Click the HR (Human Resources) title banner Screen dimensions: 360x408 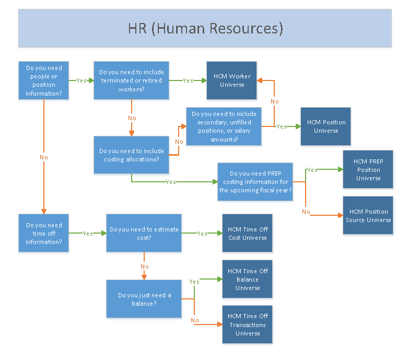[205, 28]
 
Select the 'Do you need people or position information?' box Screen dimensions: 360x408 [44, 80]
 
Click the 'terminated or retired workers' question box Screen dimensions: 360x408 [131, 80]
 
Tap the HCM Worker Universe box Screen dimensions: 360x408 [231, 80]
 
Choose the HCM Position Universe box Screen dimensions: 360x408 [325, 126]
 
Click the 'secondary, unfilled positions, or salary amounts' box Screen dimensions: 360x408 [224, 126]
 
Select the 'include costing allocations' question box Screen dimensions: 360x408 [131, 155]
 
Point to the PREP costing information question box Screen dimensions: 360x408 [255, 182]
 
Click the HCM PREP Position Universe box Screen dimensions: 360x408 [368, 170]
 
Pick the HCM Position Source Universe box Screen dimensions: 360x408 [368, 215]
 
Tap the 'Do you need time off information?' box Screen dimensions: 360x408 [44, 233]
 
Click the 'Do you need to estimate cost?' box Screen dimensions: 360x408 [144, 233]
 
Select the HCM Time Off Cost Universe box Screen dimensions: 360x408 [247, 233]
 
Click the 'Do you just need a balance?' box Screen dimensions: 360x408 [144, 299]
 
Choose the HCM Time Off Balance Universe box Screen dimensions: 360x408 [247, 279]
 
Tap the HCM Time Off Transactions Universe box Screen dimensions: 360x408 [247, 324]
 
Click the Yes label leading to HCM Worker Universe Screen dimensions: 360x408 [188, 80]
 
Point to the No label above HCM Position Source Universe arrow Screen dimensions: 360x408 [306, 212]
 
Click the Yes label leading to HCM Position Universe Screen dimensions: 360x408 [282, 126]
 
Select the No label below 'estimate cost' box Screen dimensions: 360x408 [145, 266]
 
